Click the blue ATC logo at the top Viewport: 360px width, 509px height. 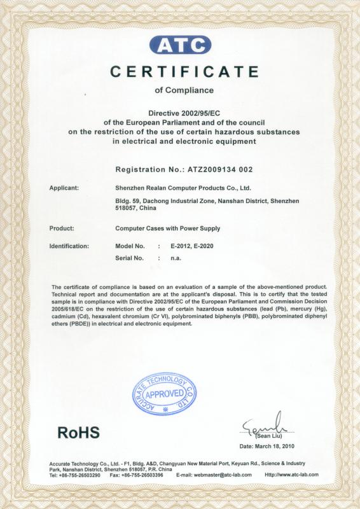[x=180, y=45]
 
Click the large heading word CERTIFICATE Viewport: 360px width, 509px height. [x=184, y=71]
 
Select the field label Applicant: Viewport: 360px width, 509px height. [x=64, y=188]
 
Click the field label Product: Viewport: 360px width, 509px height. [x=62, y=227]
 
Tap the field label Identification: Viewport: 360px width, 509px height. [x=69, y=246]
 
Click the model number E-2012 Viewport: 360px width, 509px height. [x=181, y=246]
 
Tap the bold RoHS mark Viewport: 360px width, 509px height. [x=78, y=433]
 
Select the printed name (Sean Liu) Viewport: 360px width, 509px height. [x=267, y=436]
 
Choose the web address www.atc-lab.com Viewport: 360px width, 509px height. [x=291, y=475]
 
